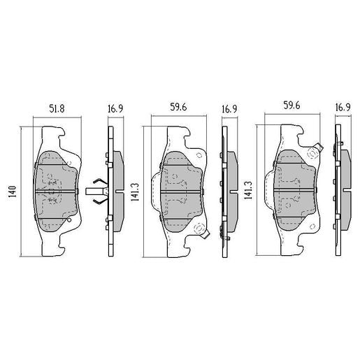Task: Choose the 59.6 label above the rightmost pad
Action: point(292,108)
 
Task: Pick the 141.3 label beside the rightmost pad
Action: point(248,190)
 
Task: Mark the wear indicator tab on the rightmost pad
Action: point(316,147)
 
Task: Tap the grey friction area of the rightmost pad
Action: point(294,187)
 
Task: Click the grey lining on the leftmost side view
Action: point(117,189)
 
